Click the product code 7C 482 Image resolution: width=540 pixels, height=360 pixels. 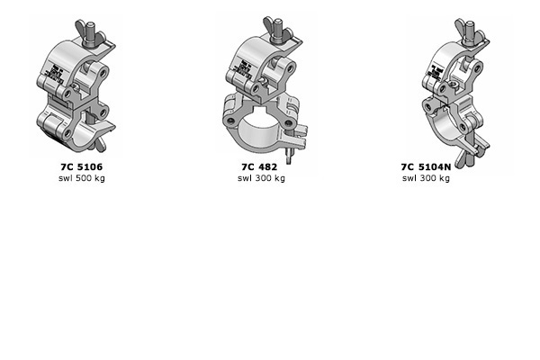click(260, 167)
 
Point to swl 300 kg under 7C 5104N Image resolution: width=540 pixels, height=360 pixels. click(426, 178)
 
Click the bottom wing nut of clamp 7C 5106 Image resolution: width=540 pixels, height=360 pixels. click(101, 143)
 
